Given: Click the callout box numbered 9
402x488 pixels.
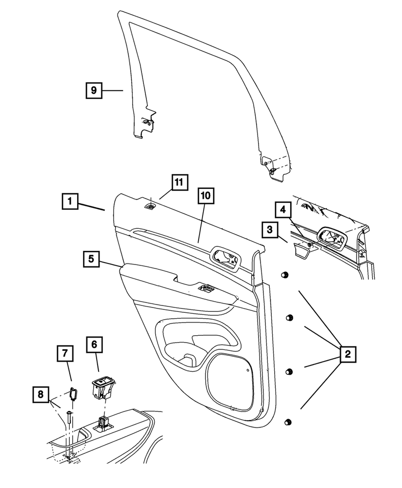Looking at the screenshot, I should tap(94, 91).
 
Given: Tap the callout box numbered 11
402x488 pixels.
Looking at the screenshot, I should tap(179, 182).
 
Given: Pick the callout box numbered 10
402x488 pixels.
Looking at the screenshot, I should tap(206, 196).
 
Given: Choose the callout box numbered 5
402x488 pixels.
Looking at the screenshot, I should tap(90, 259).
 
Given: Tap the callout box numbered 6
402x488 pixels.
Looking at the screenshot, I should tap(94, 345).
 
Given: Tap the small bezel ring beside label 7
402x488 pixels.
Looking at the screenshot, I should tap(73, 393).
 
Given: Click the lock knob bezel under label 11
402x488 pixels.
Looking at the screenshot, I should tap(151, 206).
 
